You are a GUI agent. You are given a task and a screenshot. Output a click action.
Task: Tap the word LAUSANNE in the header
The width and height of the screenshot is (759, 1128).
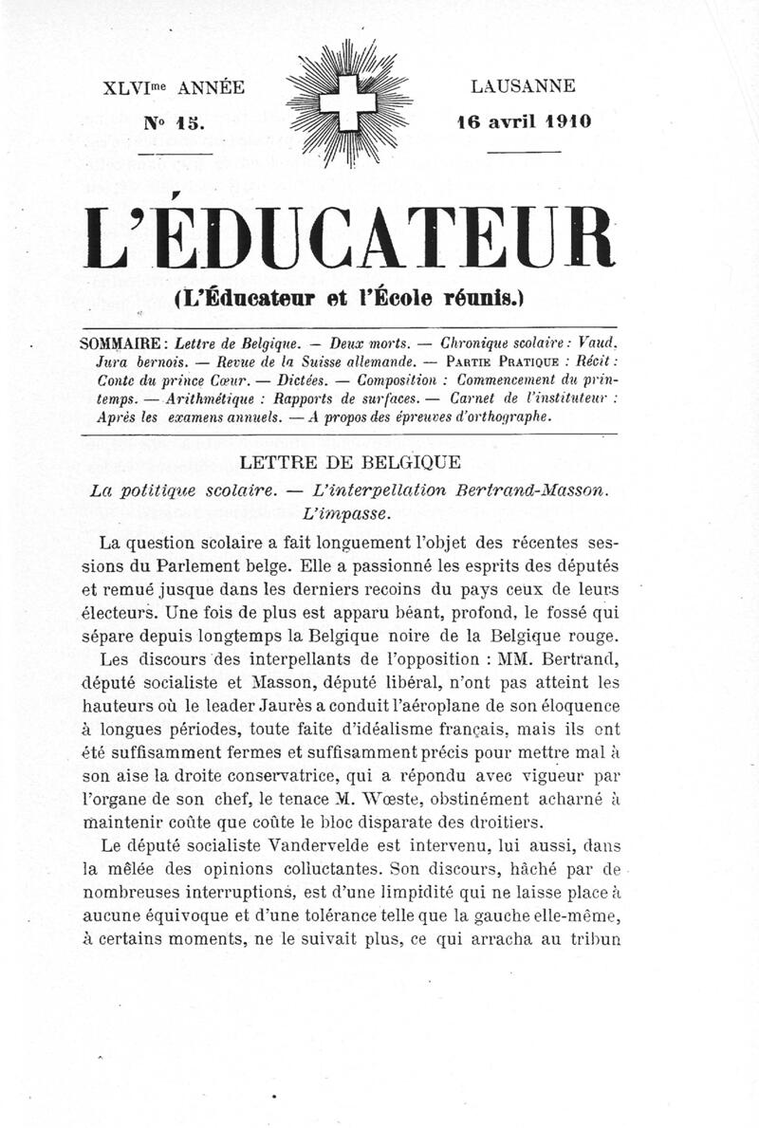tap(523, 86)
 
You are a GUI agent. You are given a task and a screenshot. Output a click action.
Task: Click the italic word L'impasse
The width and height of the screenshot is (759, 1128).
tap(349, 514)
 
